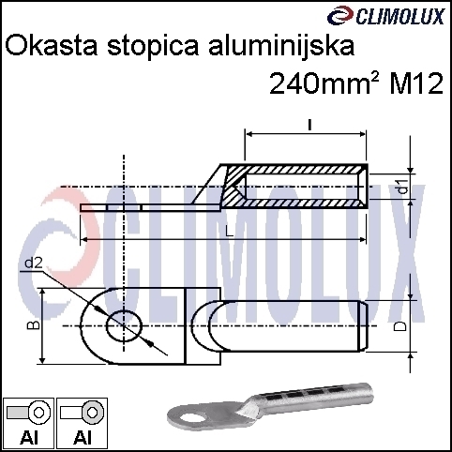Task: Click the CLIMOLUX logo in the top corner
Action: [x=385, y=16]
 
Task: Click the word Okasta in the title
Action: [x=52, y=46]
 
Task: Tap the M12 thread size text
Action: [x=416, y=83]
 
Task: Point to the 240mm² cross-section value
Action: [x=324, y=83]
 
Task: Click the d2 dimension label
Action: [x=34, y=264]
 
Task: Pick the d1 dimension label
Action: [x=403, y=186]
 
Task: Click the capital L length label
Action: [x=229, y=232]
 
